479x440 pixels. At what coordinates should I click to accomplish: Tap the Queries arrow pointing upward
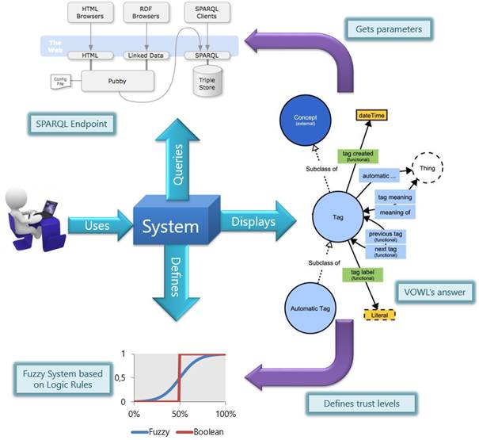(177, 155)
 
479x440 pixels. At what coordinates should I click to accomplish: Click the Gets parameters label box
(388, 29)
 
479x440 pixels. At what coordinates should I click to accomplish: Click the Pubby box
(119, 79)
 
